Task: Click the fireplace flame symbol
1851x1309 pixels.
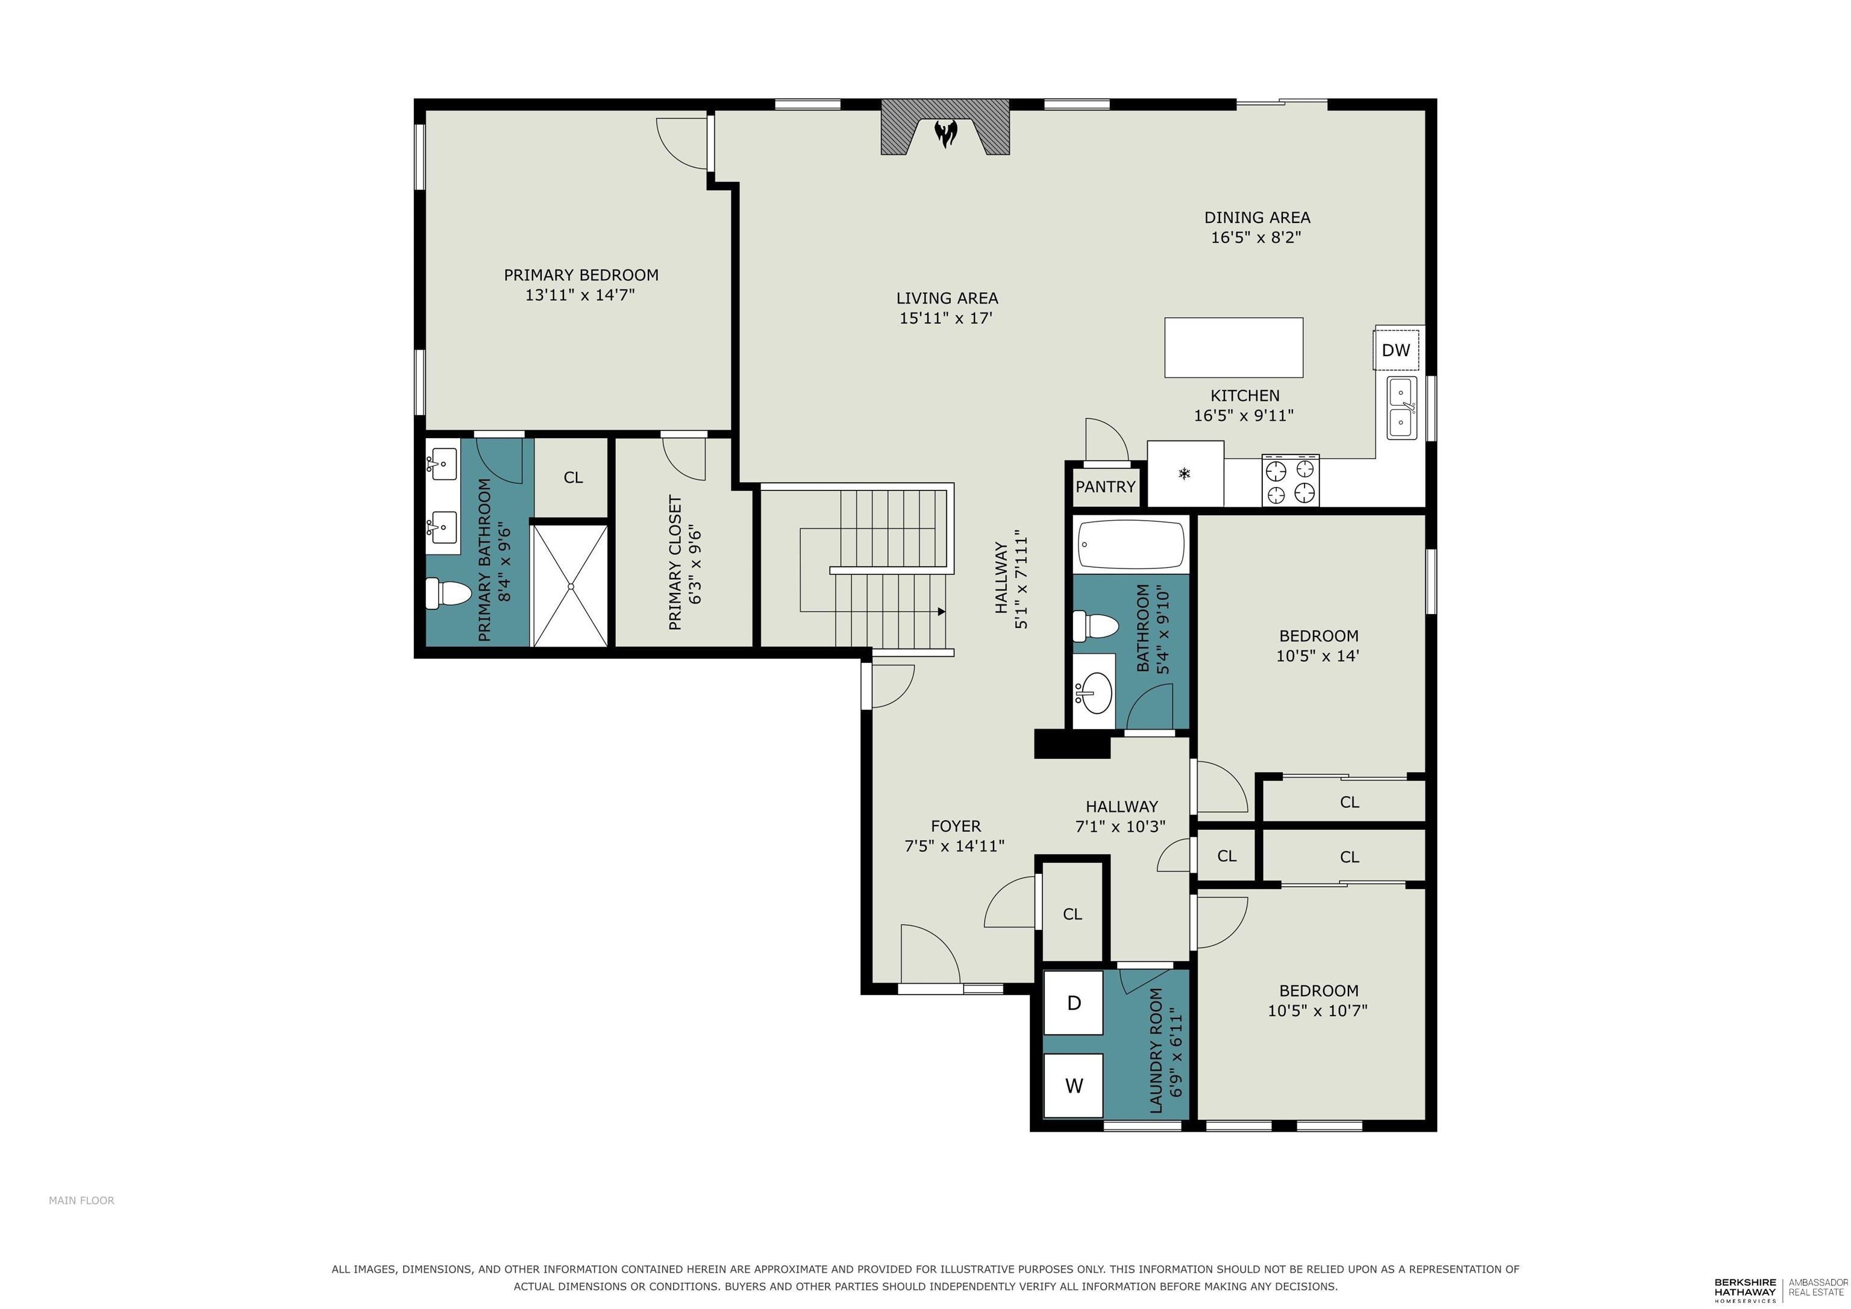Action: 945,133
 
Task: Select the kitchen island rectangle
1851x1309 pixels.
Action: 1233,348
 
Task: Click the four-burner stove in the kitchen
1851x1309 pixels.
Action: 1290,481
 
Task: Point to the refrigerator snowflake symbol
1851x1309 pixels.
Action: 1184,474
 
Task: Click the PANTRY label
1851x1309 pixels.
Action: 1105,486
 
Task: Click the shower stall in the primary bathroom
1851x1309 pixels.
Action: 570,586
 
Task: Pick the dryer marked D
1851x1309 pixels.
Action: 1073,1002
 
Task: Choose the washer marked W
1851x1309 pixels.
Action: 1073,1085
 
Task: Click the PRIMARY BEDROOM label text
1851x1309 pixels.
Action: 581,275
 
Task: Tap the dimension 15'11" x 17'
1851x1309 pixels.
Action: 945,318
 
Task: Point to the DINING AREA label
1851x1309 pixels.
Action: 1257,217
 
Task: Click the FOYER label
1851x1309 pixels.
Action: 956,826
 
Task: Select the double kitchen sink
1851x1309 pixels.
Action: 1402,408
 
